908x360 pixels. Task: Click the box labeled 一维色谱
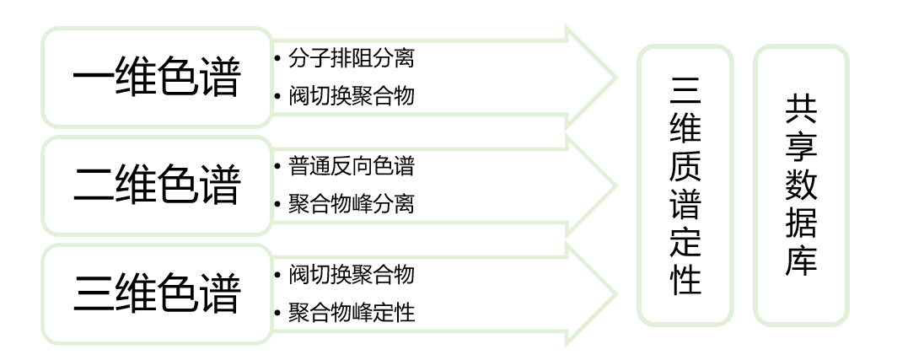[157, 78]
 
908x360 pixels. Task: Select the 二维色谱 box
[157, 185]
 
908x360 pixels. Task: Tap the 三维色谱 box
[157, 293]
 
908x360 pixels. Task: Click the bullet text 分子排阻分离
[351, 58]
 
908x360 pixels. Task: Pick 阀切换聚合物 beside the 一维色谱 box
[351, 96]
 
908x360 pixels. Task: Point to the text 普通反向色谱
[351, 166]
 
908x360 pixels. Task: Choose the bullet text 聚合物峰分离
[351, 204]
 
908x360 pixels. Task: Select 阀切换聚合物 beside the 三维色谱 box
[351, 275]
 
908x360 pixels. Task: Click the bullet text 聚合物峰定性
[351, 313]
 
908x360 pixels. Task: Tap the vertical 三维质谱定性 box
[685, 185]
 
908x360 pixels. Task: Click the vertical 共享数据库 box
[801, 185]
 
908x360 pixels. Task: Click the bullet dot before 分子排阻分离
[277, 58]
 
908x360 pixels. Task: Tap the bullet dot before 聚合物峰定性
[277, 313]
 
